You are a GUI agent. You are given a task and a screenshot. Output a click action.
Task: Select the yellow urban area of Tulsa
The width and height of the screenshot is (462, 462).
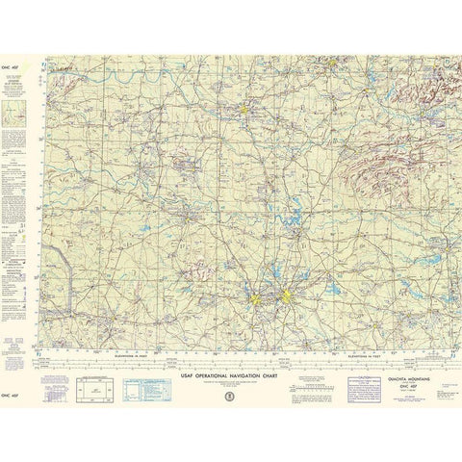(x=332, y=66)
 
